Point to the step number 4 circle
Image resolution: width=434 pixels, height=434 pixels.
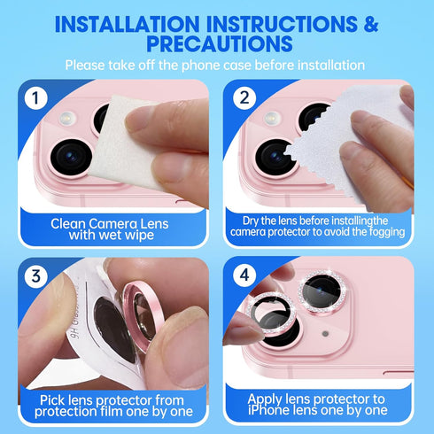(x=244, y=275)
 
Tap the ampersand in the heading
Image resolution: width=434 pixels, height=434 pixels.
(x=371, y=24)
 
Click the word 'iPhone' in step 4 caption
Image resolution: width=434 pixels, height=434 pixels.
(x=275, y=410)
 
